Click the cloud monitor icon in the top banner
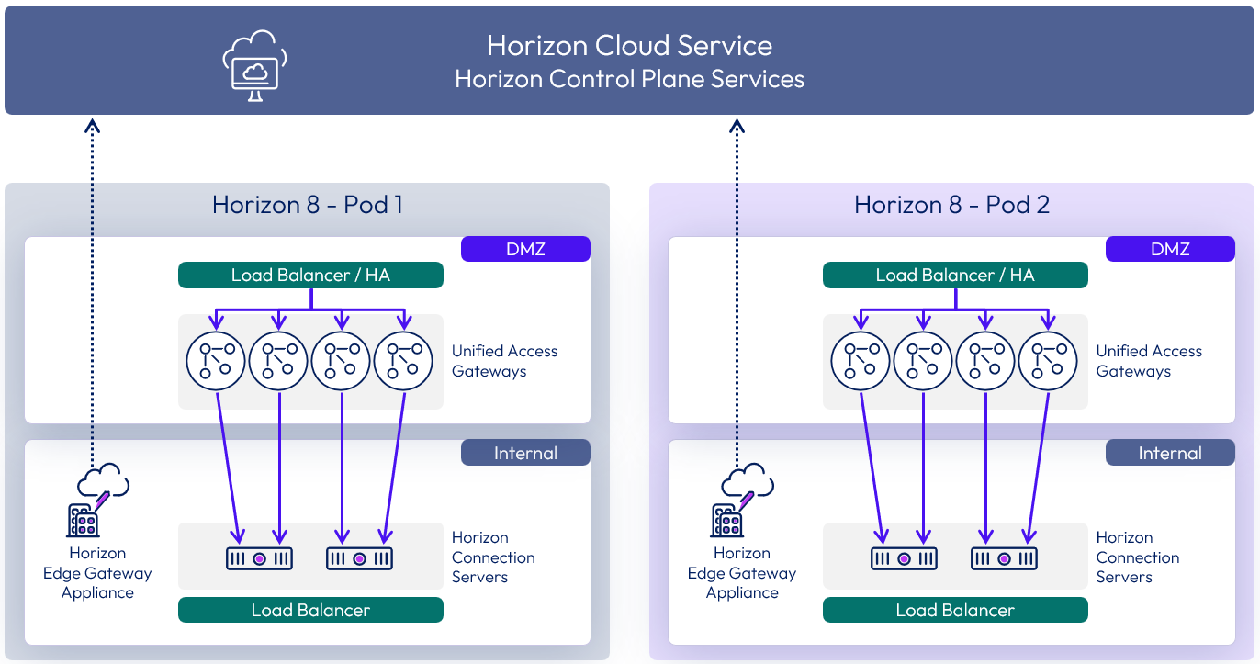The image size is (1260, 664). tap(254, 65)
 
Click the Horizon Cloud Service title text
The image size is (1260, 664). tap(629, 45)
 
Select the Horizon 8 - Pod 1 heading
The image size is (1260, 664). tap(307, 204)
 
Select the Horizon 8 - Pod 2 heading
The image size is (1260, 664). tap(951, 204)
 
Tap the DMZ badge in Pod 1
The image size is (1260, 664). tap(525, 249)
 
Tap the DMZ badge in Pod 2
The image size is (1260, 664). tap(1170, 249)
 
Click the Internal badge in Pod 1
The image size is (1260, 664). tap(525, 453)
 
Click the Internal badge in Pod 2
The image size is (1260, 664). tap(1170, 453)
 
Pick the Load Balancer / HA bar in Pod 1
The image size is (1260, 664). tap(310, 276)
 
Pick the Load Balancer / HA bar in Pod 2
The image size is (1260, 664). tap(955, 276)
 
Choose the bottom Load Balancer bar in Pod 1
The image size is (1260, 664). tap(310, 610)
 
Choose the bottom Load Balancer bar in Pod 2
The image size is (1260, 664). tap(955, 610)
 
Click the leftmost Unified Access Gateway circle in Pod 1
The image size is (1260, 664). tap(217, 360)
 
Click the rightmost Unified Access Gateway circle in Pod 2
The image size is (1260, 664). tap(1048, 360)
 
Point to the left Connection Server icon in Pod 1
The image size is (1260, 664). tap(259, 558)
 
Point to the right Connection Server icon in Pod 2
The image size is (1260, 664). tap(1004, 558)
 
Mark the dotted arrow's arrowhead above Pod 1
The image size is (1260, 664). tap(92, 125)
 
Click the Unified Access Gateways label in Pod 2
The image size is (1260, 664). tap(1148, 361)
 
